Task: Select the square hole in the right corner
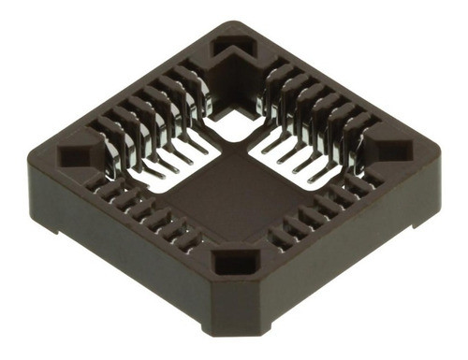(392, 150)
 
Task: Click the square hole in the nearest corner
(230, 263)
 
